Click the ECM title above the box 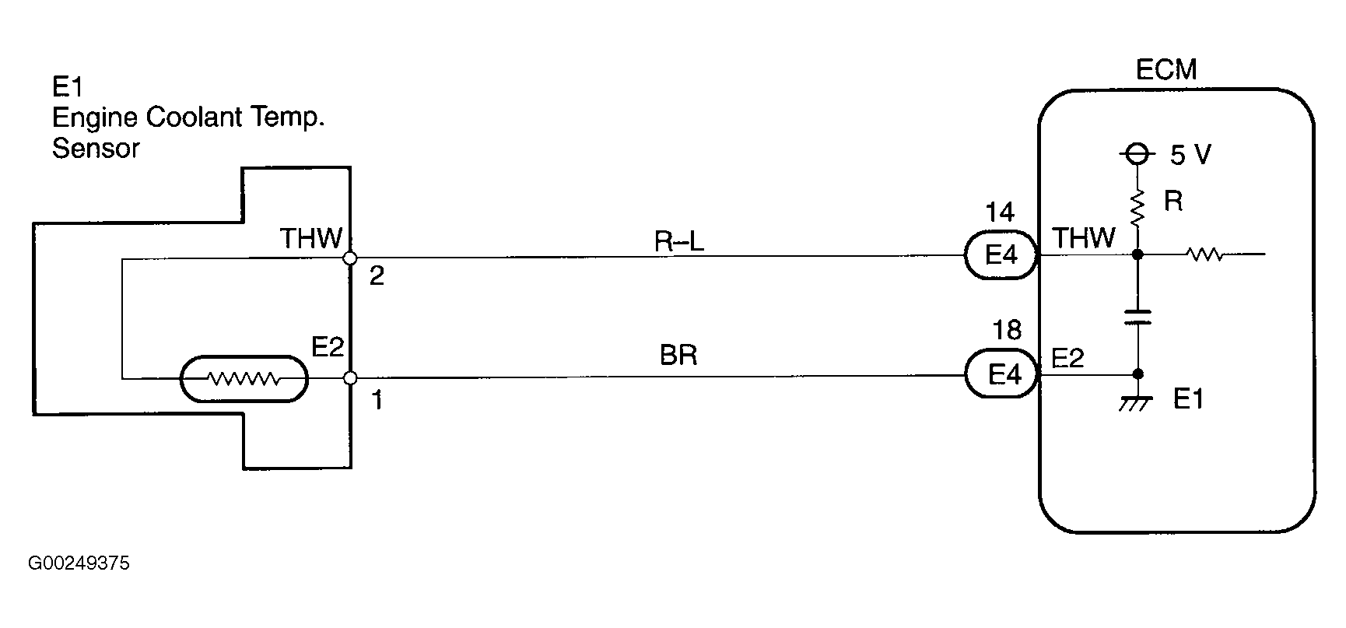(1165, 70)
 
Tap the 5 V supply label (1190, 156)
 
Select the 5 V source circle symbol (1137, 154)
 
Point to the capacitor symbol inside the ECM (1137, 316)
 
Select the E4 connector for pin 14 (1001, 254)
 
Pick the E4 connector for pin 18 (1003, 375)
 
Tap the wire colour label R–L (678, 242)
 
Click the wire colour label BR (678, 356)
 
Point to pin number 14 (1001, 212)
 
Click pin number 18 (1007, 331)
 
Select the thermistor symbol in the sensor (244, 379)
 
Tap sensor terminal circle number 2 (350, 258)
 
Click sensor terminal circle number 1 (350, 378)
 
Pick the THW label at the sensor (310, 238)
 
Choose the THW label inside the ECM (1083, 238)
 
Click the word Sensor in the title (96, 149)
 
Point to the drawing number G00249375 (79, 563)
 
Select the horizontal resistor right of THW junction (1204, 254)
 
